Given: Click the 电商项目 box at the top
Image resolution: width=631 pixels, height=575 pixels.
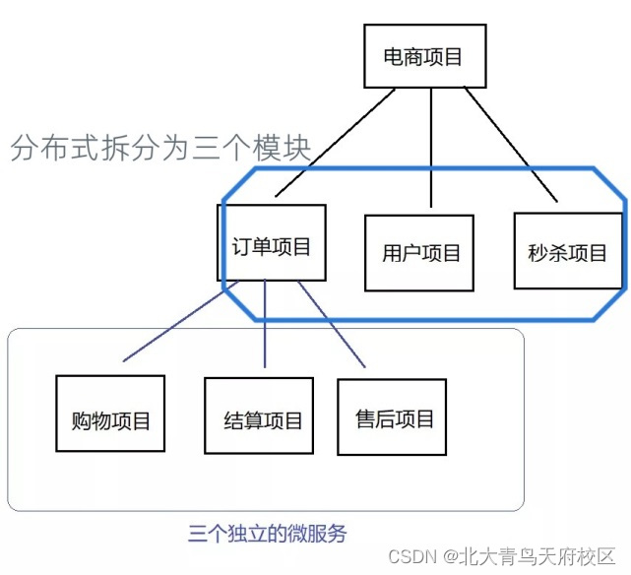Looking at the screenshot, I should [x=422, y=57].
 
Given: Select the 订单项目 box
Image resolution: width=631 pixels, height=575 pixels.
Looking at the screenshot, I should [x=271, y=242].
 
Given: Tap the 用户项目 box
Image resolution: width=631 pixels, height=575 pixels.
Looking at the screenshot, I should [x=420, y=252].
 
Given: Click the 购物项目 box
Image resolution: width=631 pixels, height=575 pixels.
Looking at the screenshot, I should [x=110, y=414].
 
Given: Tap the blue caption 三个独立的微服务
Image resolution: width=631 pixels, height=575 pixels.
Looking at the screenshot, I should [x=267, y=535].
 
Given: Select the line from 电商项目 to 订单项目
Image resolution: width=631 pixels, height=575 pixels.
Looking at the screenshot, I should [x=335, y=141].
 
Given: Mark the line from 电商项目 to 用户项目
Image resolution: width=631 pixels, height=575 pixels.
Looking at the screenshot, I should [x=430, y=148].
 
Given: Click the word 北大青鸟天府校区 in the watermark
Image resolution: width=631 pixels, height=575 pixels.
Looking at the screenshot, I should [x=539, y=556].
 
